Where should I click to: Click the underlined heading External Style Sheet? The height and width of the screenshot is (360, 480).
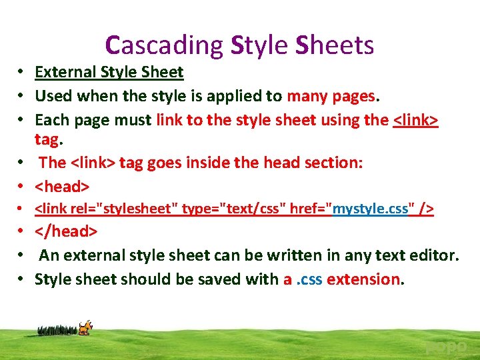pos(109,72)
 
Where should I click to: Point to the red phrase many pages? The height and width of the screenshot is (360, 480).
pos(331,96)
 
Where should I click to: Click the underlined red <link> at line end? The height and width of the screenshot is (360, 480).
pos(415,120)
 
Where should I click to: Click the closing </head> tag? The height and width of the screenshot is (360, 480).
pos(66,231)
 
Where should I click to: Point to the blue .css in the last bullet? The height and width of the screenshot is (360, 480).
pos(309,279)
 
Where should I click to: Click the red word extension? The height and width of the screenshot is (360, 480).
pos(363,279)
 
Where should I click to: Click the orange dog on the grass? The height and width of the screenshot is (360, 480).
pos(85,327)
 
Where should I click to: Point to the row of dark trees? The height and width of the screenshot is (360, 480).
pos(57,330)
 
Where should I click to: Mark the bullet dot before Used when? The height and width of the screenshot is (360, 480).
pos(22,96)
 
